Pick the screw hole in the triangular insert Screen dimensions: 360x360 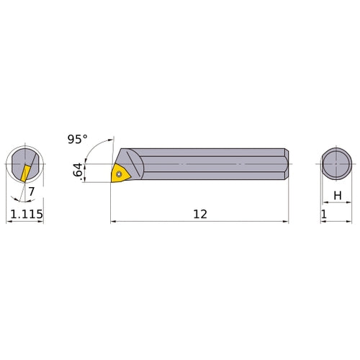coord(118,173)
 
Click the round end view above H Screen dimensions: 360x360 coord(336,165)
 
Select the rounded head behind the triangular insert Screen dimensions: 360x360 coord(135,164)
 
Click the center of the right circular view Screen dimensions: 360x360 coord(336,165)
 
